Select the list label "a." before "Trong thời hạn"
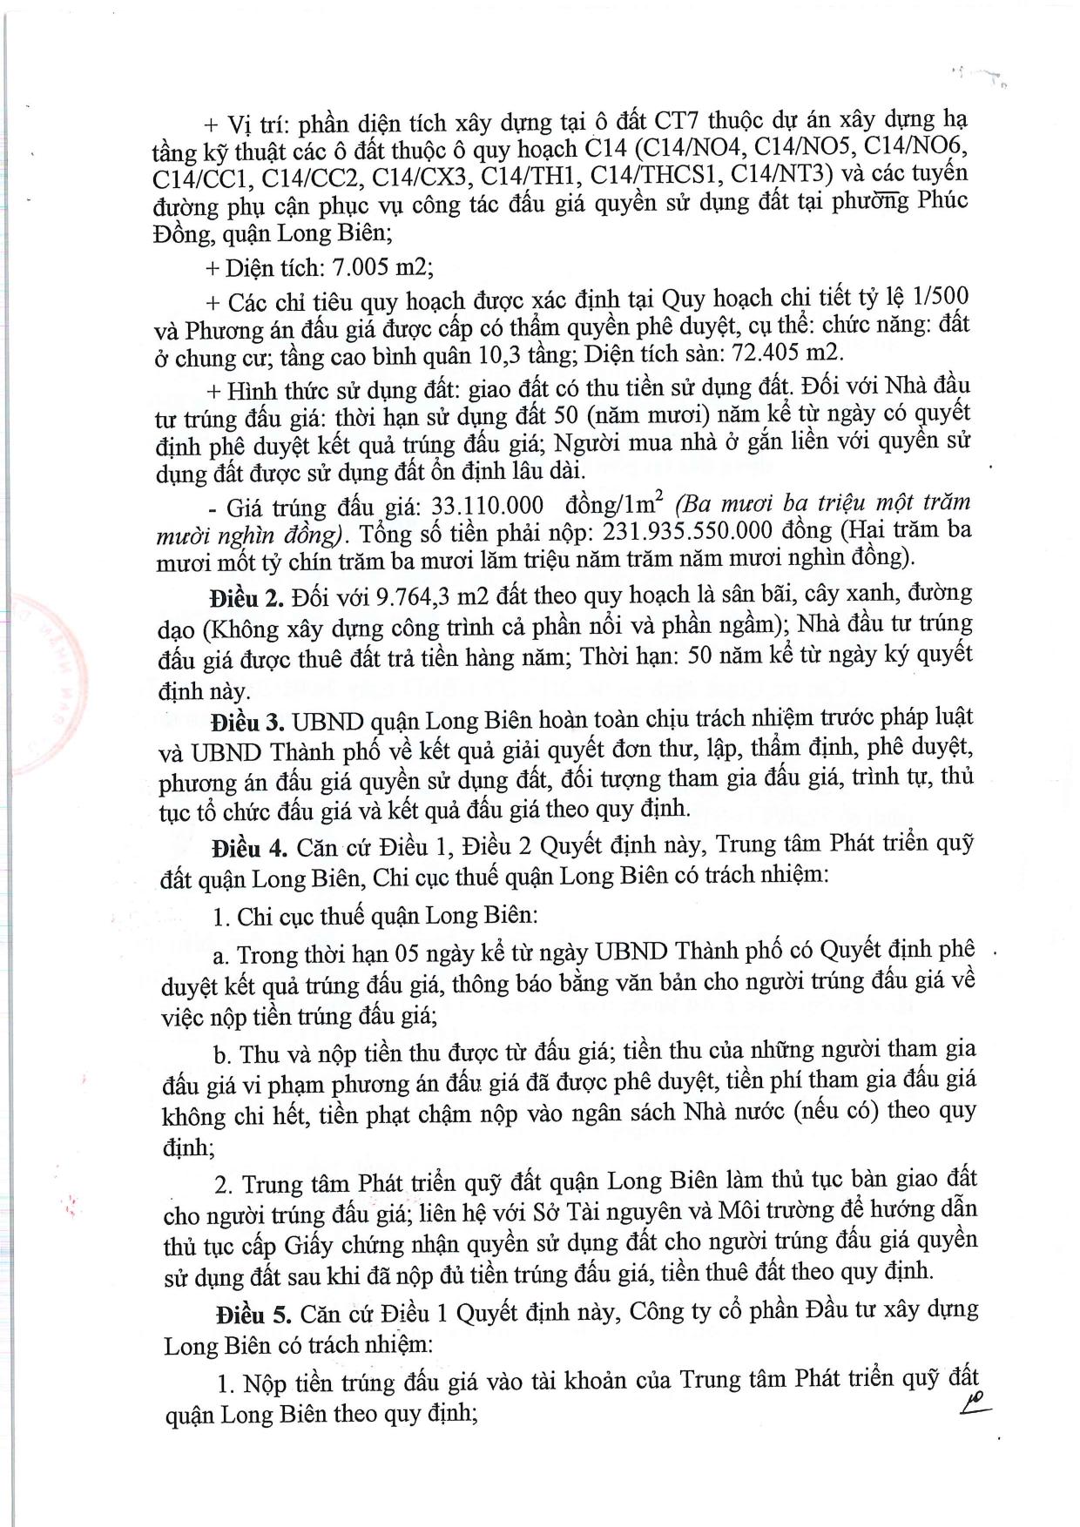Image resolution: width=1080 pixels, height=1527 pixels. pos(221,956)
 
